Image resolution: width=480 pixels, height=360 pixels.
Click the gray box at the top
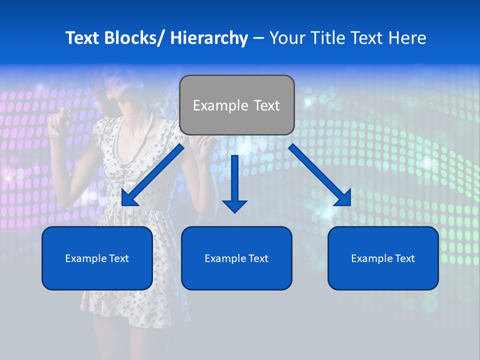[x=236, y=105]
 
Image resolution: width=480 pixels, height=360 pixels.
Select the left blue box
[x=97, y=258]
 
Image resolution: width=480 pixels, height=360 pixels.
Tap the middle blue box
[x=236, y=258]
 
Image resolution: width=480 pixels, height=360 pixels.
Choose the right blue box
[x=383, y=258]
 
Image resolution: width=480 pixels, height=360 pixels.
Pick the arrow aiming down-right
[x=320, y=175]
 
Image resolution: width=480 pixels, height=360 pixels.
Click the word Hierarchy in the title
[x=209, y=38]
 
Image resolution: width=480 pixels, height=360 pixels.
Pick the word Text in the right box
[x=404, y=258]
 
